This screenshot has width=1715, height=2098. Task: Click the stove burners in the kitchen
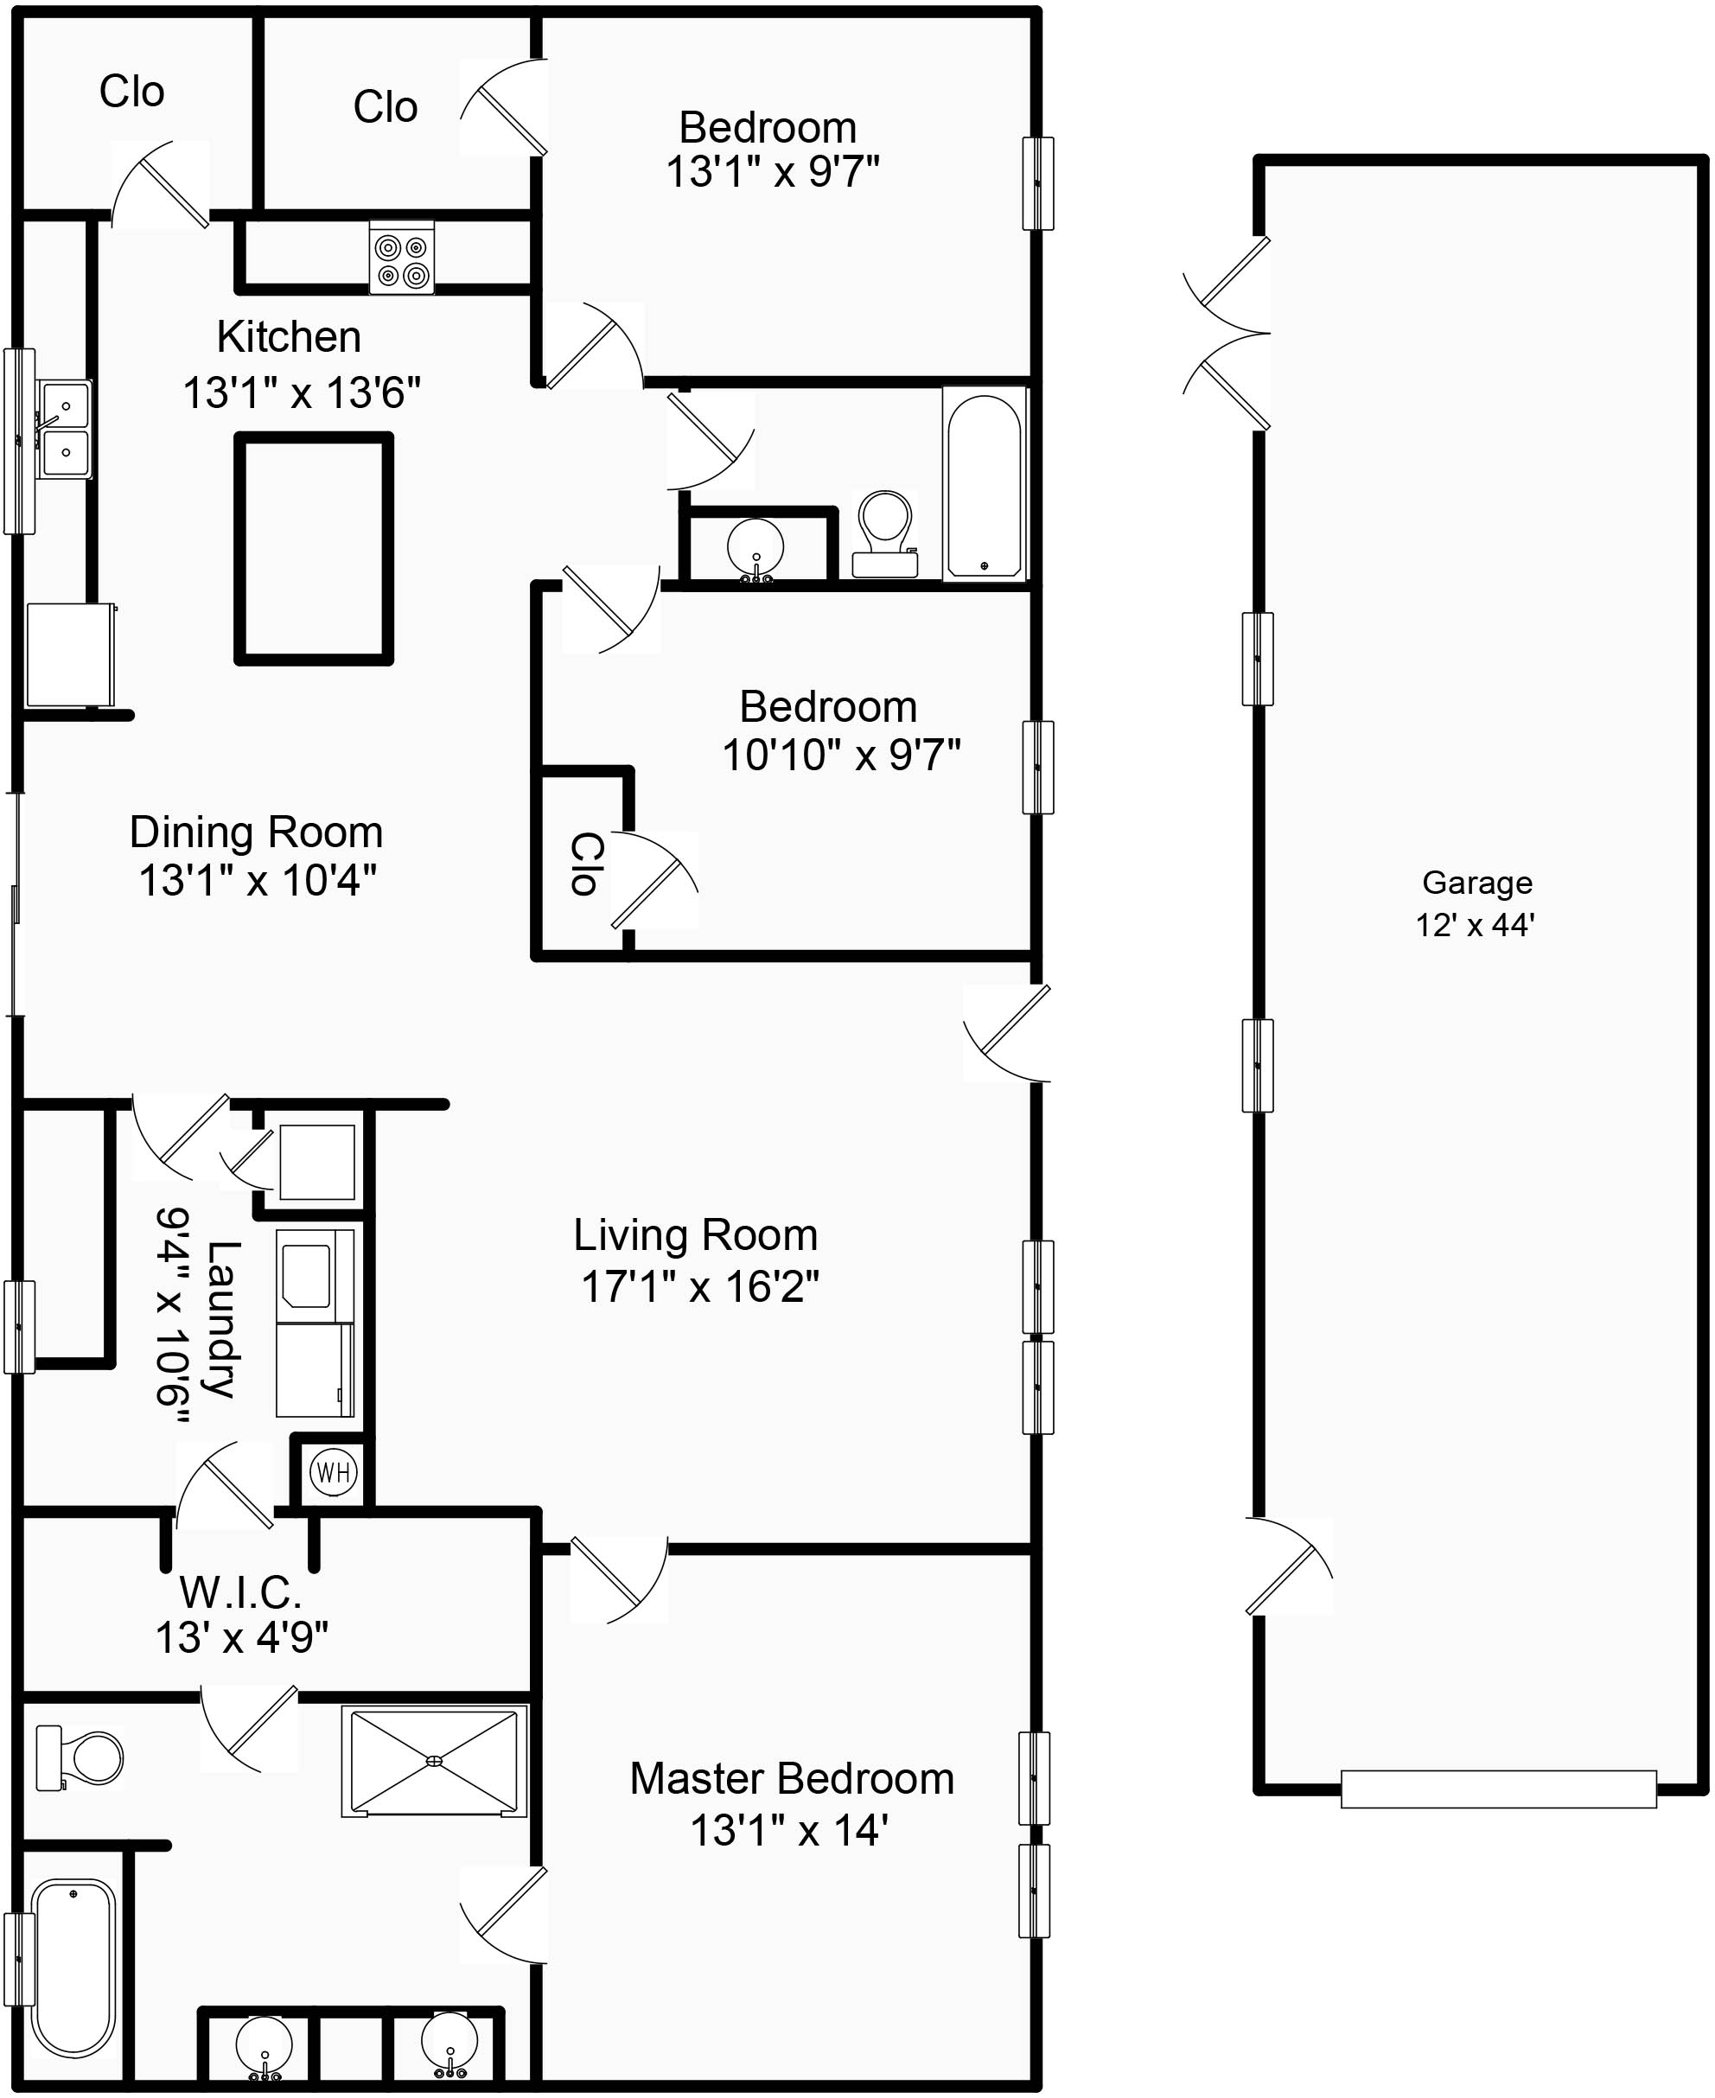point(402,258)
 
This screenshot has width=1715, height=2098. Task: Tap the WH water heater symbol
point(333,1472)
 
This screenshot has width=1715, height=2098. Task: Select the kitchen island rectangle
point(313,548)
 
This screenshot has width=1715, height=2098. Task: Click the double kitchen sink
point(65,430)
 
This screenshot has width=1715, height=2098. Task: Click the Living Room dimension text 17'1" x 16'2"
point(699,1287)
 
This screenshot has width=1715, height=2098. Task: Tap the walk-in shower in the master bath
point(435,1761)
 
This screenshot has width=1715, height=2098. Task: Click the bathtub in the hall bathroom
point(984,484)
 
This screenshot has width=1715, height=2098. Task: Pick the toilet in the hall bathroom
point(885,533)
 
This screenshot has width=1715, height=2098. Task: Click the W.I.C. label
point(240,1592)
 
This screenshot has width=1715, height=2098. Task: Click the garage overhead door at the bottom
point(1498,1789)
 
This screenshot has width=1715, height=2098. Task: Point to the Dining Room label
point(256,832)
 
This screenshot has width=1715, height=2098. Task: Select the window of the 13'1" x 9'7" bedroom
point(1037,182)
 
